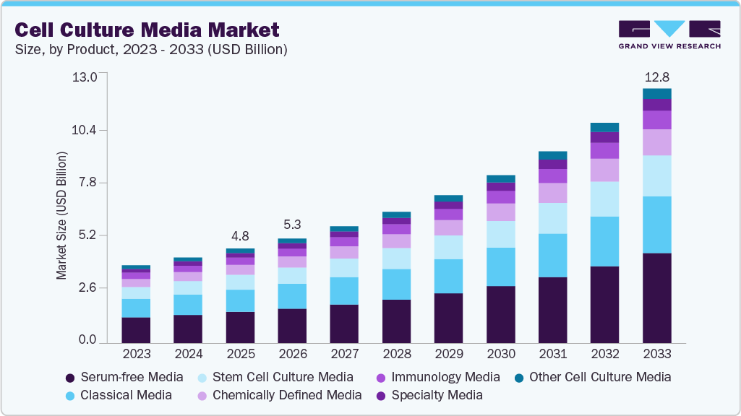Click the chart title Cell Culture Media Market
pyautogui.click(x=147, y=30)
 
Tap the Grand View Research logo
pyautogui.click(x=669, y=35)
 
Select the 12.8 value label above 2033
pyautogui.click(x=656, y=77)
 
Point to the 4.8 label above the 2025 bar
pyautogui.click(x=240, y=236)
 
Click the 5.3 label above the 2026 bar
pyautogui.click(x=292, y=225)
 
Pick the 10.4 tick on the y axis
pyautogui.click(x=85, y=130)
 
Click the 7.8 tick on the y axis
pyautogui.click(x=87, y=183)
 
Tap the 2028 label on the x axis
pyautogui.click(x=396, y=355)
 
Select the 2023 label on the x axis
pyautogui.click(x=136, y=355)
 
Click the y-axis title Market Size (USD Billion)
pyautogui.click(x=62, y=216)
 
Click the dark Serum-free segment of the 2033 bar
pyautogui.click(x=656, y=298)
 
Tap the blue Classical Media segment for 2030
pyautogui.click(x=500, y=266)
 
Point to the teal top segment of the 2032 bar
pyautogui.click(x=604, y=128)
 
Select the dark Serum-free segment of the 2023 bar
pyautogui.click(x=136, y=329)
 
